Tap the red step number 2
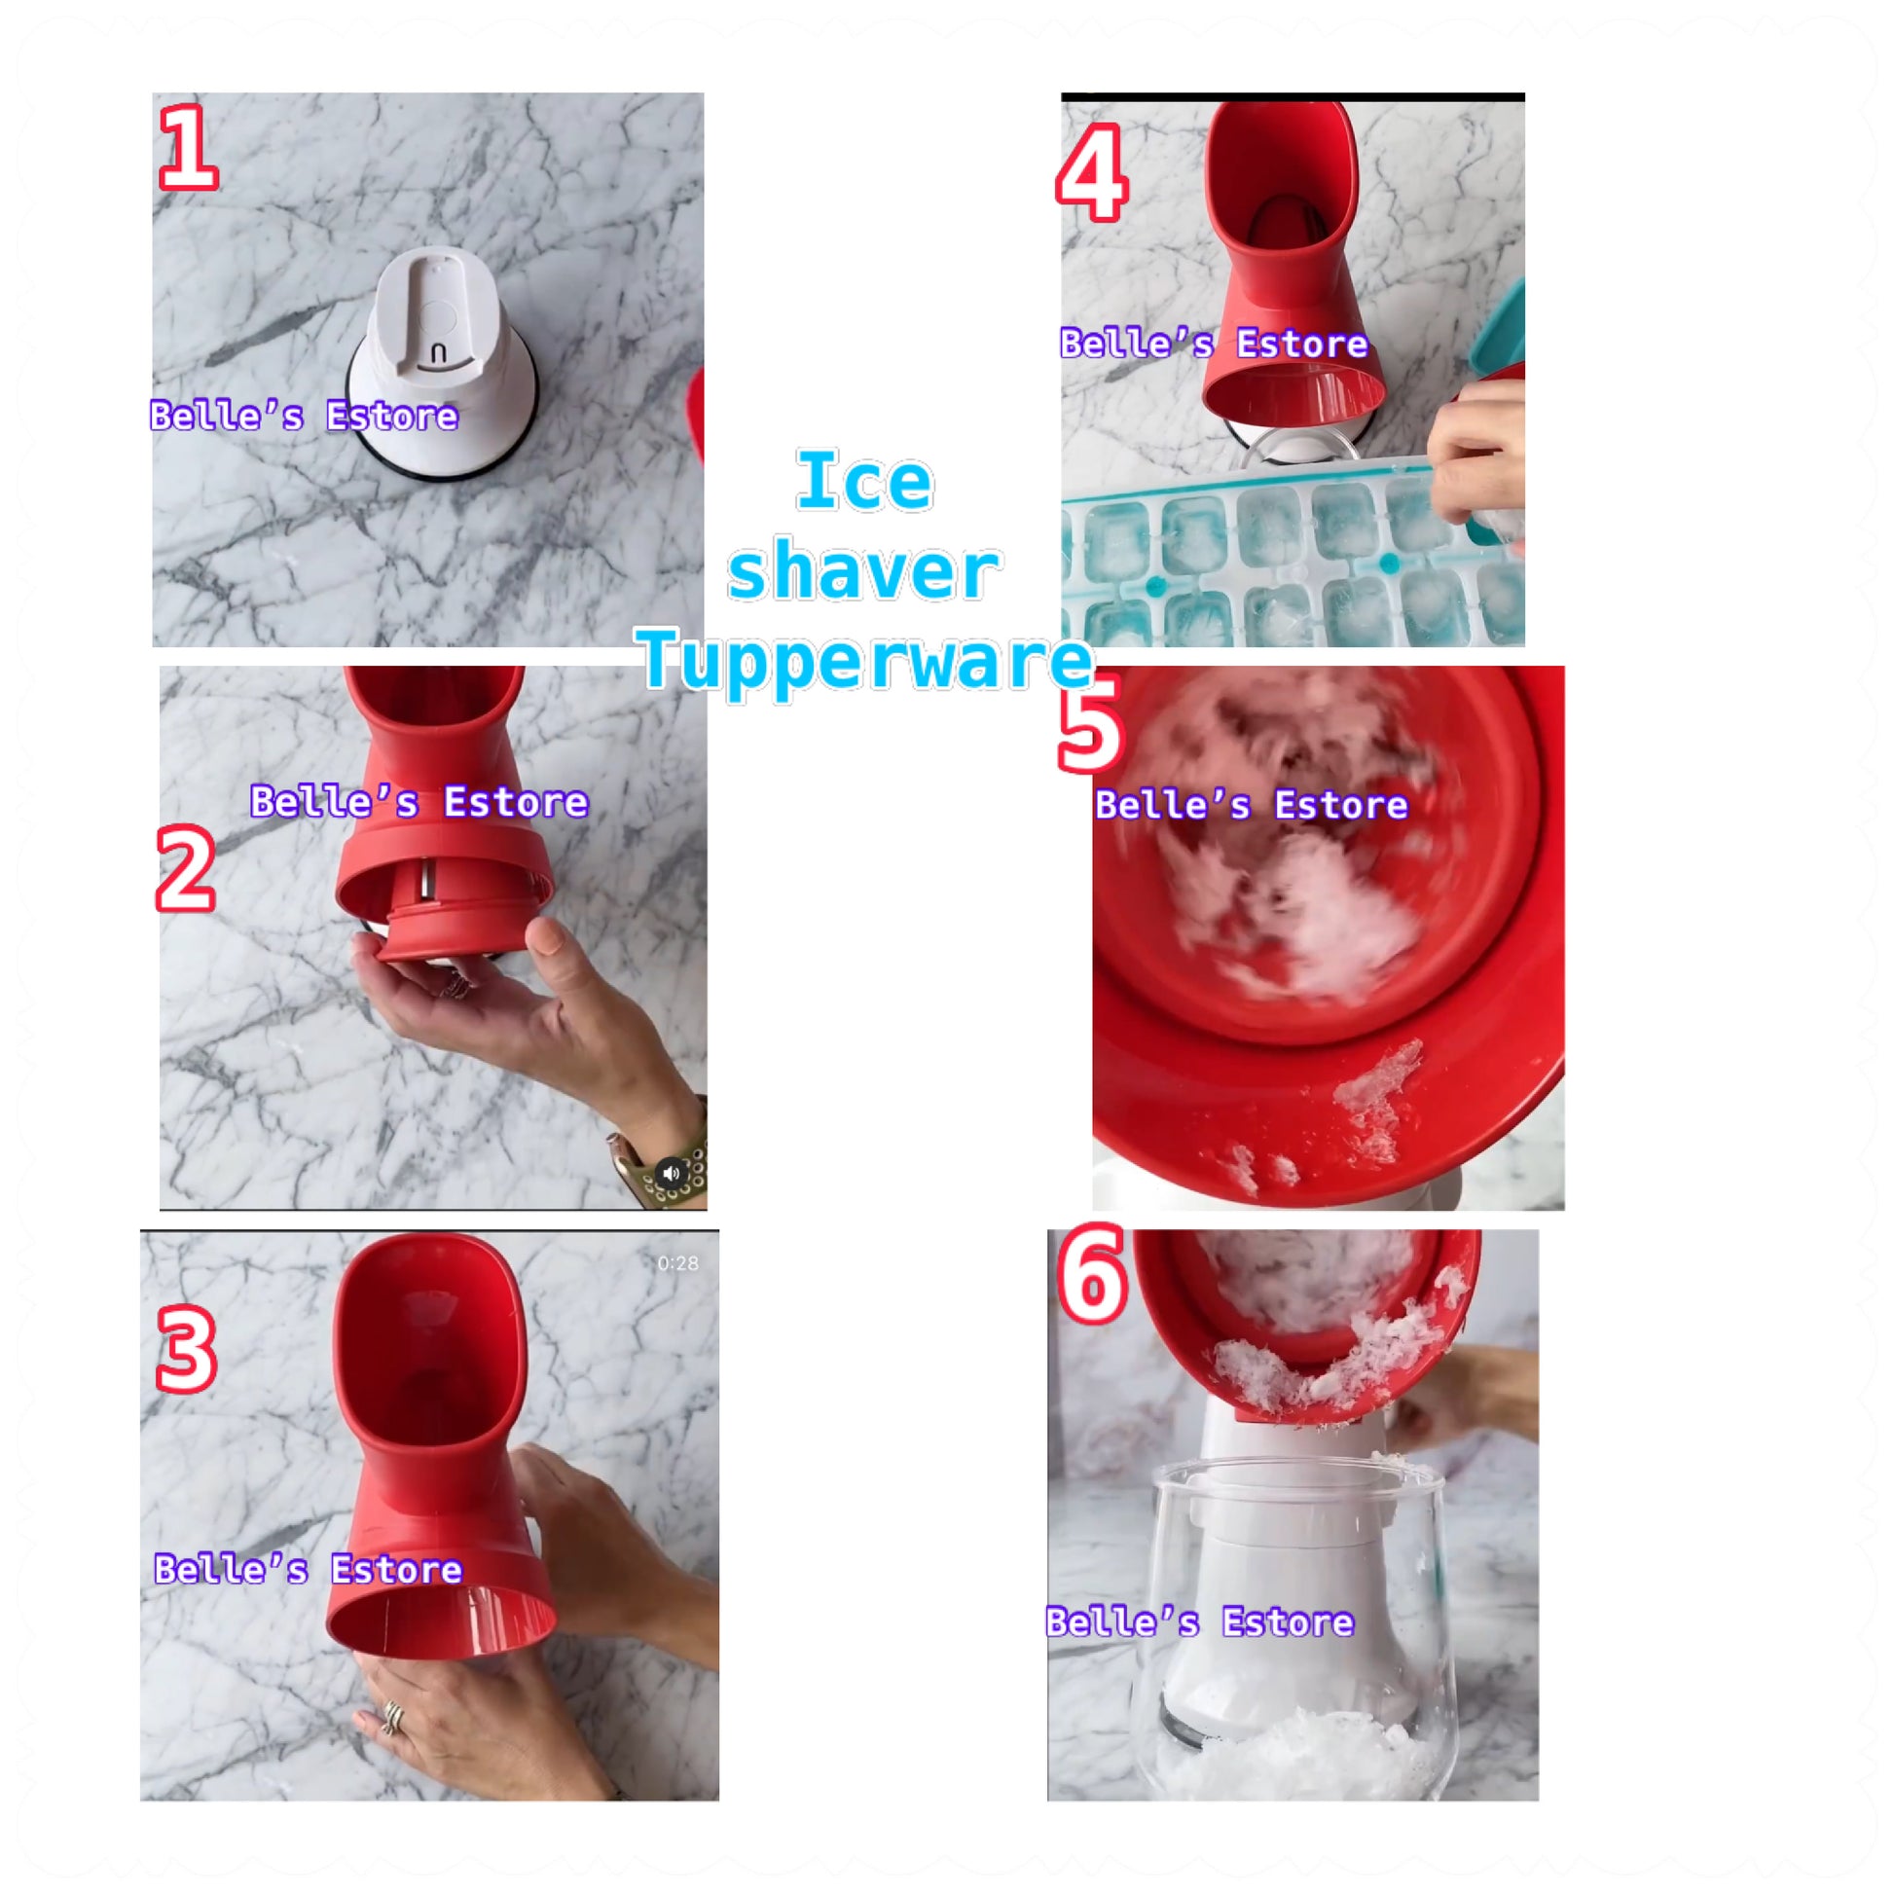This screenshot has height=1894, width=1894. (185, 867)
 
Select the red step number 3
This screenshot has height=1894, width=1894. (186, 1351)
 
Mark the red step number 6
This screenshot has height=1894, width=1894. (1092, 1275)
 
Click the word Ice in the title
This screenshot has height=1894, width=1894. (863, 481)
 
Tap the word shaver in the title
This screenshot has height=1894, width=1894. (863, 571)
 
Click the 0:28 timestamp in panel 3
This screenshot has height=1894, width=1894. (677, 1263)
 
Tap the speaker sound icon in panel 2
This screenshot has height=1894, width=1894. (672, 1174)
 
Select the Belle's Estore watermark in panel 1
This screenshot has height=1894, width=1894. (304, 417)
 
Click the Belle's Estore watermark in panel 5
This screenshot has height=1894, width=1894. (1251, 806)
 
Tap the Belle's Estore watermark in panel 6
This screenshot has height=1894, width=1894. (1200, 1622)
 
